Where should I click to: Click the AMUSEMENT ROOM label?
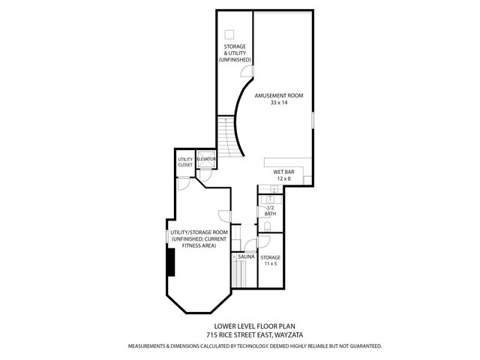(x=279, y=95)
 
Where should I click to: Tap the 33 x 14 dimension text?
(x=279, y=103)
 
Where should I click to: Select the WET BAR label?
(x=283, y=172)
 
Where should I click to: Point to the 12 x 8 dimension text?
(x=283, y=178)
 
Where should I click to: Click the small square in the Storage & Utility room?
(x=231, y=34)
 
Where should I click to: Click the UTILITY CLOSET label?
(x=185, y=162)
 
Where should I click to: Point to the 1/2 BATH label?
(x=271, y=211)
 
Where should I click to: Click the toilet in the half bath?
(x=268, y=226)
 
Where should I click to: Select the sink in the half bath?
(x=272, y=199)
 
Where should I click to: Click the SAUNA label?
(x=246, y=256)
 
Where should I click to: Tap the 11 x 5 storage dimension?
(x=270, y=264)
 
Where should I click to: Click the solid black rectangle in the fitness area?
(x=172, y=264)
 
